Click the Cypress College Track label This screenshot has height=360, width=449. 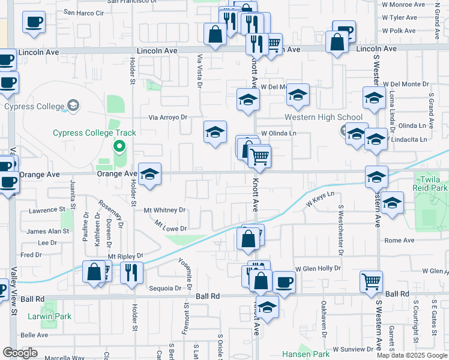94,133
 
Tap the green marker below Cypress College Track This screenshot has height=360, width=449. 119,145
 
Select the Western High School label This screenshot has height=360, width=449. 323,117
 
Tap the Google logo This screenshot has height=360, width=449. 20,353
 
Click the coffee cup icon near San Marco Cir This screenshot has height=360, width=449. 34,22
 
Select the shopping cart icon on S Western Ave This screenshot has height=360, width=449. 372,280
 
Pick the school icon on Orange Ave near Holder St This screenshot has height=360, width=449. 150,174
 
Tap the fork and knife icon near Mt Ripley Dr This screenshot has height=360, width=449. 131,271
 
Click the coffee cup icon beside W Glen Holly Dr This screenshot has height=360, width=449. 284,280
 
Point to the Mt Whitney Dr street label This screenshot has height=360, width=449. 164,210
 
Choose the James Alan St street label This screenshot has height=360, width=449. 48,231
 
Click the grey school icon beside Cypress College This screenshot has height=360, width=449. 73,106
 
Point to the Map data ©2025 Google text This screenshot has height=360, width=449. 412,355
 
